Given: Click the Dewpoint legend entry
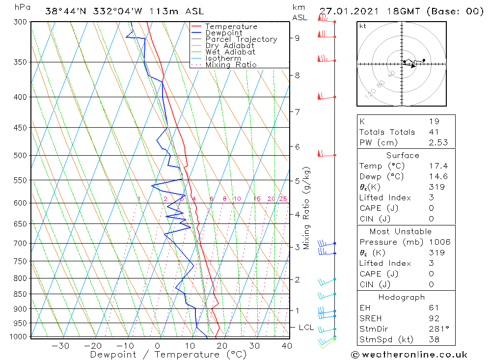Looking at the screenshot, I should click(223, 33).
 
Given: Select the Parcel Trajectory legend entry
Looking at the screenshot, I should click(241, 39).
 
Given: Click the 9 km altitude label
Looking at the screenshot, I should click(298, 38).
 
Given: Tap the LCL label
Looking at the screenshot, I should click(306, 327).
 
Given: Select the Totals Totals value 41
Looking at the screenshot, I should click(434, 132).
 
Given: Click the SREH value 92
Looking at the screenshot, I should click(434, 318).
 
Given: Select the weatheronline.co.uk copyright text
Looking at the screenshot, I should click(409, 355).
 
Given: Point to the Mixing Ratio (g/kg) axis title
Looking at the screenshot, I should click(307, 208).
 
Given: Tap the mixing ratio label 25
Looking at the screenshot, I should click(283, 199).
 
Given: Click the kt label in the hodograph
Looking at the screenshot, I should click(363, 26).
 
